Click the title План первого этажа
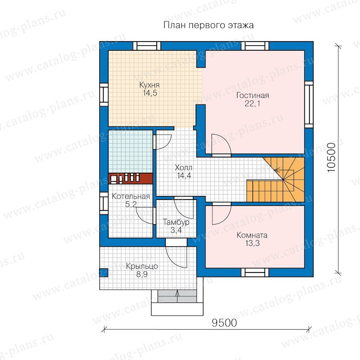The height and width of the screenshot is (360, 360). (208, 25)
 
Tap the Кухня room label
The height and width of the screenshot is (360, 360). (149, 85)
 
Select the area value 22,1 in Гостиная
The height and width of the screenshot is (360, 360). (252, 104)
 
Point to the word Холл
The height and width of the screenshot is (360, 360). (184, 167)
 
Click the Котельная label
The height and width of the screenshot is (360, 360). (131, 196)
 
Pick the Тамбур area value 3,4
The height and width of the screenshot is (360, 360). (176, 230)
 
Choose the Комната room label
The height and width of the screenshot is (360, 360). (252, 235)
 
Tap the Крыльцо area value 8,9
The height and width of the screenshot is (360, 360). (142, 274)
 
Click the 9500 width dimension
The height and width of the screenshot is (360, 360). (224, 323)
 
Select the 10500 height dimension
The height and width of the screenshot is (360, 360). (331, 158)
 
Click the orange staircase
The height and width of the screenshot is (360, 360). (276, 180)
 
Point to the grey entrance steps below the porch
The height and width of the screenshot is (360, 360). (177, 296)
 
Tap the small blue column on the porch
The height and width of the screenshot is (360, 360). (104, 272)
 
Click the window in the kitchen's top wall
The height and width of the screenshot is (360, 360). (147, 46)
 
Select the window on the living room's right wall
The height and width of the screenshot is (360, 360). (309, 104)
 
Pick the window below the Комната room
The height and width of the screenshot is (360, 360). (255, 272)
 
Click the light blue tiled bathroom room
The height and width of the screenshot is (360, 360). (130, 152)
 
